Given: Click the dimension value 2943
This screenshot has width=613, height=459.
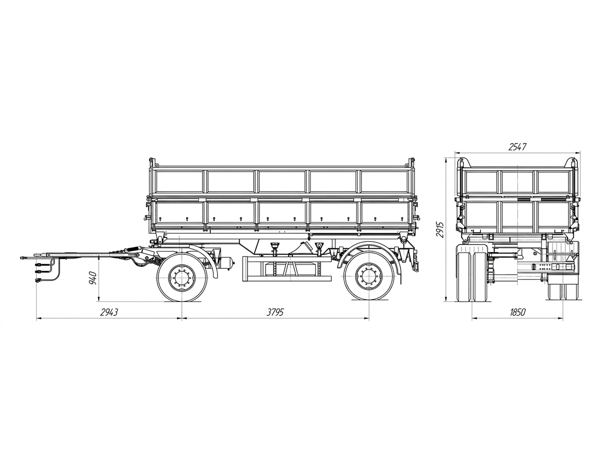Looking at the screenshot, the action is [x=109, y=312].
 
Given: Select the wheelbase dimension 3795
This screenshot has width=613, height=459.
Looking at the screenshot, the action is [x=275, y=312].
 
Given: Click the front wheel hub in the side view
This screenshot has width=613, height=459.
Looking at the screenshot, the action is [x=182, y=278].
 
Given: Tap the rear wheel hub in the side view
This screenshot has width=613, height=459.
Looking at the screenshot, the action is [x=369, y=278].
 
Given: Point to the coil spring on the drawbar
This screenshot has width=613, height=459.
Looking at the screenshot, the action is [x=133, y=250].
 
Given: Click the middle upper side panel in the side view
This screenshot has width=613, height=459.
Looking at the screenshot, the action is [x=282, y=181].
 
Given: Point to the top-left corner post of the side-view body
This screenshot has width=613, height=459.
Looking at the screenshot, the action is [x=152, y=163].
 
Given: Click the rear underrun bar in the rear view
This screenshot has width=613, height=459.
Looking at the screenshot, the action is [x=547, y=267].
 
